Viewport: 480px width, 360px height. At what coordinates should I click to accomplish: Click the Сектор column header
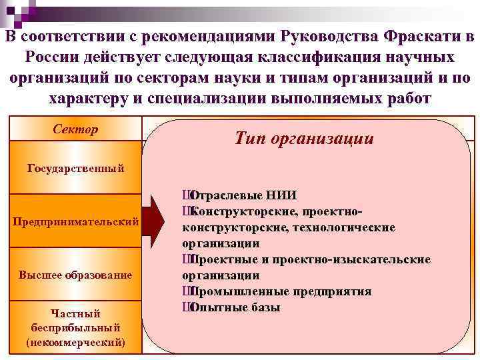[x=75, y=129]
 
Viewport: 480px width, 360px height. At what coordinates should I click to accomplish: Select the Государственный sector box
[x=75, y=167]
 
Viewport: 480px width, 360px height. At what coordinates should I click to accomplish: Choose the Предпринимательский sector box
[x=75, y=221]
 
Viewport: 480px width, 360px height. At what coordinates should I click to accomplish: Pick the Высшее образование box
[x=75, y=275]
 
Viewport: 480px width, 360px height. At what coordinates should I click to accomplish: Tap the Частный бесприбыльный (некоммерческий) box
[x=75, y=327]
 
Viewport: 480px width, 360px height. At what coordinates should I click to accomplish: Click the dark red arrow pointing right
[x=155, y=221]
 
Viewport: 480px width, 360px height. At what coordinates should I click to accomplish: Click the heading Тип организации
[x=304, y=138]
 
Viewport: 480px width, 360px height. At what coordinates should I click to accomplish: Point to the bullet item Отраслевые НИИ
[x=243, y=195]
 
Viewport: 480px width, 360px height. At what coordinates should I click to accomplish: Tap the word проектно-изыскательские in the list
[x=357, y=259]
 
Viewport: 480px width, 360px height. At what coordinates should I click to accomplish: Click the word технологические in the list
[x=345, y=227]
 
